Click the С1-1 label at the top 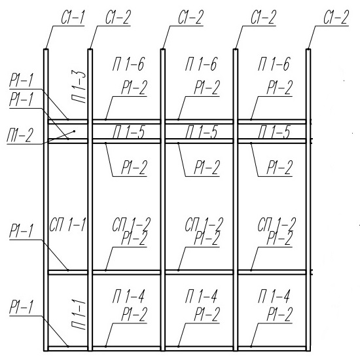(x=73, y=18)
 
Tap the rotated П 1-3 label (x=79, y=88)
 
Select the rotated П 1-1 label (x=79, y=314)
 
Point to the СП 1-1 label (x=67, y=225)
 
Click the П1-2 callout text (x=20, y=135)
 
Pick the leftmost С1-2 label (x=118, y=18)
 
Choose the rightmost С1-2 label (x=336, y=18)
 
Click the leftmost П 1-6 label (x=128, y=64)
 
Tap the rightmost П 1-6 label (x=274, y=64)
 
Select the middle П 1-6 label (x=201, y=64)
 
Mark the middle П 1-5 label (x=201, y=132)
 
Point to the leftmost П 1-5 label (x=128, y=132)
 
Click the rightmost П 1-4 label (x=274, y=296)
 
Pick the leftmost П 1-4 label (x=128, y=296)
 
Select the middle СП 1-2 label (x=204, y=224)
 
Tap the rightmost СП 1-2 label (x=277, y=224)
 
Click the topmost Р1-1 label (x=21, y=81)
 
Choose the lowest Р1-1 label (x=21, y=307)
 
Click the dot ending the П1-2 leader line (x=74, y=132)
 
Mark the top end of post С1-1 (x=46, y=49)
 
